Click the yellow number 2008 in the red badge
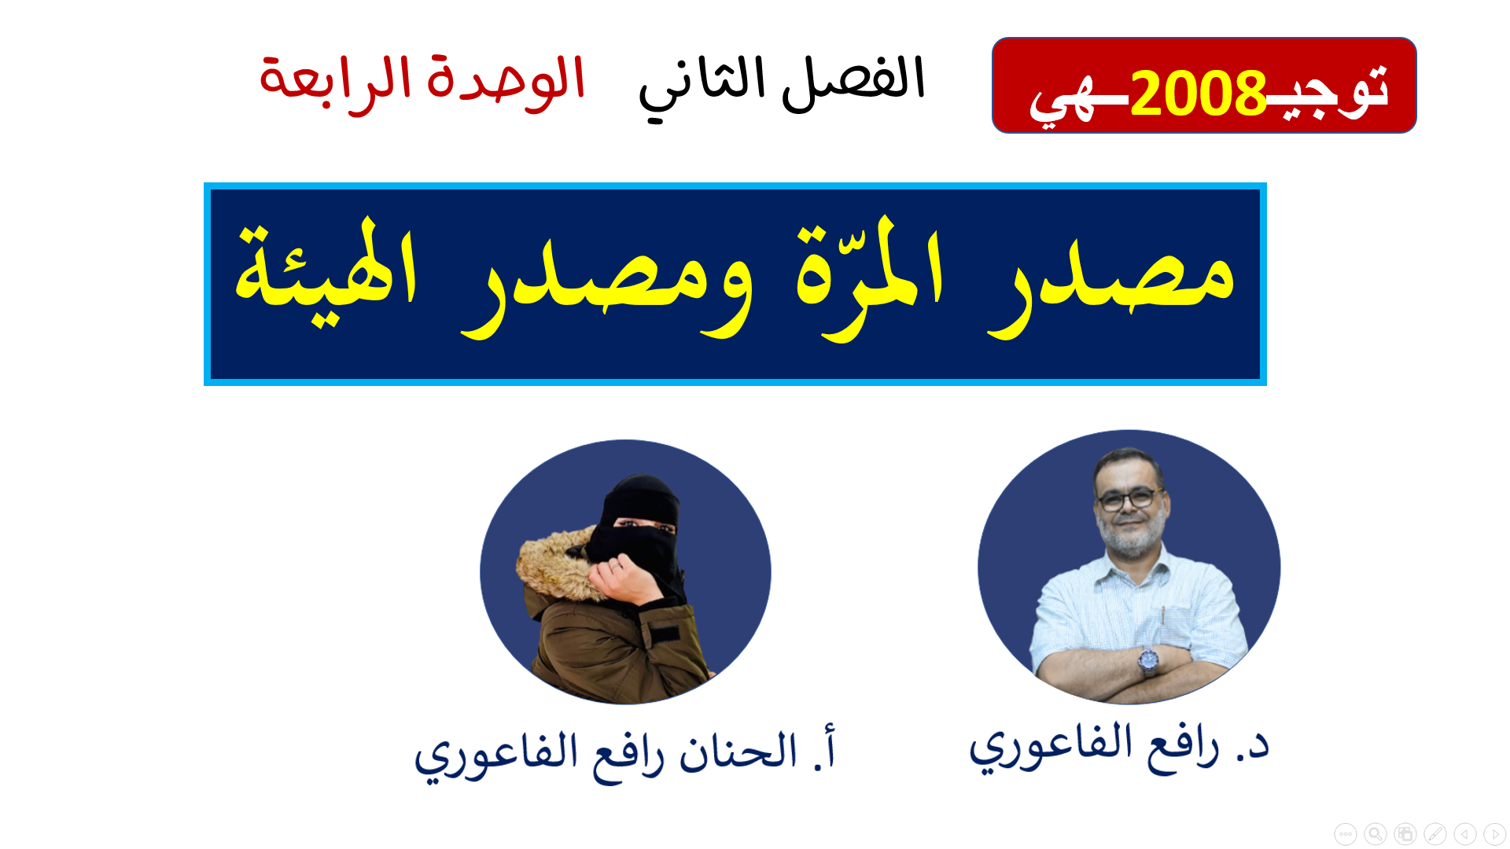[1198, 93]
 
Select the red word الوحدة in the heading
[506, 79]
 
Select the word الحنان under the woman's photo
[738, 751]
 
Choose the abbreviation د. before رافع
[1252, 745]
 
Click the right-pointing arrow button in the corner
[1494, 833]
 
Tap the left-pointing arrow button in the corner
[1464, 833]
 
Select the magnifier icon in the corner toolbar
[1375, 833]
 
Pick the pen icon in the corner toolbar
[1434, 833]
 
